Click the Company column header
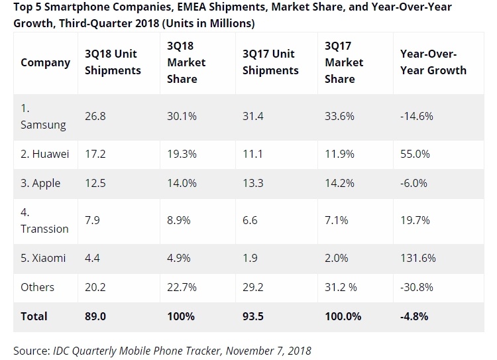45,62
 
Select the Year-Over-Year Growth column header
433,62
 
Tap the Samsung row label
44,115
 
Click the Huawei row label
45,153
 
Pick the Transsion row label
44,221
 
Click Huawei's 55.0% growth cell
415,153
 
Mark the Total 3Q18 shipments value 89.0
95,316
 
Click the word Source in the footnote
32,349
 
